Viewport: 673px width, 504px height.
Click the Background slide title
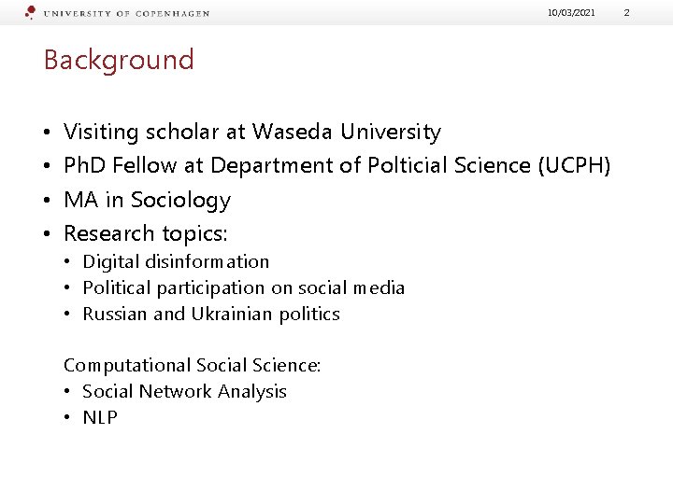pos(119,61)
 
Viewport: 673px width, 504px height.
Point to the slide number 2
pos(652,12)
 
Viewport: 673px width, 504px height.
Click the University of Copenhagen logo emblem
pos(31,12)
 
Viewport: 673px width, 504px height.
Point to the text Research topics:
pos(146,233)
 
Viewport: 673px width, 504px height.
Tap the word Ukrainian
pos(234,315)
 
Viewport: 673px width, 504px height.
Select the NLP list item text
pos(100,418)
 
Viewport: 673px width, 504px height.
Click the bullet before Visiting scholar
pos(48,133)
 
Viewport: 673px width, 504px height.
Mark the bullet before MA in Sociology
pos(48,201)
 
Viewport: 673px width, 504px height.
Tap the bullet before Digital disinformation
pos(69,262)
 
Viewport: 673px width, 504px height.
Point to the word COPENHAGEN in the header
pos(172,14)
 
